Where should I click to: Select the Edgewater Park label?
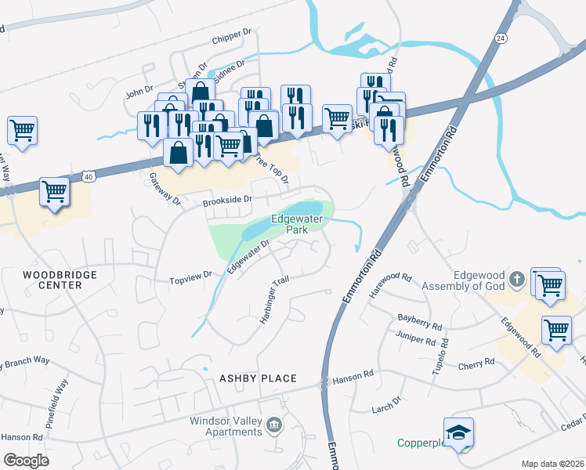coord(297,225)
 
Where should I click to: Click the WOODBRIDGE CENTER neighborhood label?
coord(60,280)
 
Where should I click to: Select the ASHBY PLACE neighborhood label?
coord(258,378)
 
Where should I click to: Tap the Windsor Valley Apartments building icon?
coord(275,425)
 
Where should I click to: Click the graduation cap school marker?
coord(458,432)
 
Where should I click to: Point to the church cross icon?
coord(516,278)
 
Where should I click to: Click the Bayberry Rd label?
coord(416,319)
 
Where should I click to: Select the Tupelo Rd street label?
coord(441,357)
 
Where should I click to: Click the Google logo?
coord(26,460)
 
